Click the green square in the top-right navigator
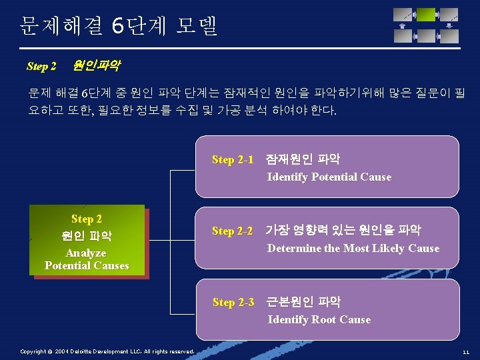point(426,14)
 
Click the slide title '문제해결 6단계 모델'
point(119,26)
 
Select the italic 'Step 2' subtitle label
point(41,66)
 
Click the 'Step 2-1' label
point(233,159)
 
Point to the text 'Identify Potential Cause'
point(329,177)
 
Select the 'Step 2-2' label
point(233,231)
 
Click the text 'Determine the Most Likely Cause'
point(353,248)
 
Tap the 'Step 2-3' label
point(233,302)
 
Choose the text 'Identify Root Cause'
point(319,319)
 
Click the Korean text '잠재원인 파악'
point(303,159)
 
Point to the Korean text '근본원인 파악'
point(303,302)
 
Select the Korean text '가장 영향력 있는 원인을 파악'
point(343,231)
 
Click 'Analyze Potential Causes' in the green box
point(87,259)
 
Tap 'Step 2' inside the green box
point(87,219)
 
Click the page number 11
point(465,351)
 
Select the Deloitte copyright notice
point(107,351)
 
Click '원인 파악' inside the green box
point(87,236)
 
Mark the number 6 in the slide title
point(117,26)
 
